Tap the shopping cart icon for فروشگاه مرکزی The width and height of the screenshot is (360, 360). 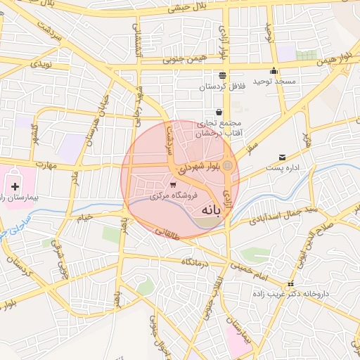(x=173, y=185)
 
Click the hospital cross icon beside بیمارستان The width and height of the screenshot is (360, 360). (x=15, y=187)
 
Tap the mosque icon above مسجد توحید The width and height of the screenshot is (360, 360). (x=274, y=71)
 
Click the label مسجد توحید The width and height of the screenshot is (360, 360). (x=277, y=82)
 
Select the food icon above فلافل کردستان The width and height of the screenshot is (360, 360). (x=222, y=75)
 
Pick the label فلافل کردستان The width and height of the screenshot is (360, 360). (x=223, y=86)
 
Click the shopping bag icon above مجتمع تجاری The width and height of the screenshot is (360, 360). (x=219, y=112)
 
